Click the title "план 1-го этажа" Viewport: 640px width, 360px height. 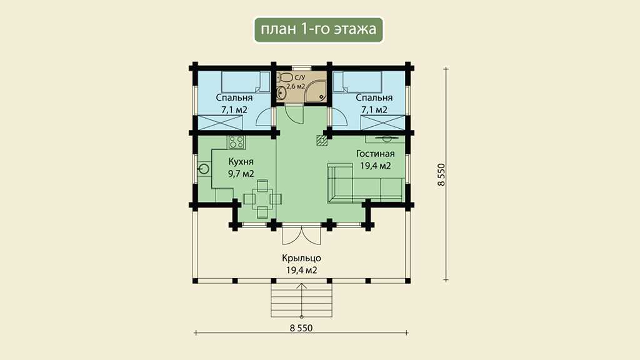(318, 29)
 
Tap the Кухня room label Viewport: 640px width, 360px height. (241, 162)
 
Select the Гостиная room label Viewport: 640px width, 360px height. (375, 154)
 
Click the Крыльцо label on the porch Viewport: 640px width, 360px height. (301, 258)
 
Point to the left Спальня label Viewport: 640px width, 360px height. (234, 98)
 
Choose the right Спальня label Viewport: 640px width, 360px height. (374, 98)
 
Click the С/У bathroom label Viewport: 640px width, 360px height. (299, 77)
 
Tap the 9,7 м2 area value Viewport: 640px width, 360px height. (241, 174)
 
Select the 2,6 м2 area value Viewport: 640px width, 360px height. (296, 86)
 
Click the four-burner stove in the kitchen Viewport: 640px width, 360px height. (236, 142)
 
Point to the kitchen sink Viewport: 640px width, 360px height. (204, 169)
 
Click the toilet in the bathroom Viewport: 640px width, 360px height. (285, 77)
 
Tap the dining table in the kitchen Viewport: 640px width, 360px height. (262, 199)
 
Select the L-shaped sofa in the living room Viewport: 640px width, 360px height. (365, 183)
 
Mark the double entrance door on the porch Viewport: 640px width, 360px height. (301, 235)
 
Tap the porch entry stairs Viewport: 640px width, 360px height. (302, 300)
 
